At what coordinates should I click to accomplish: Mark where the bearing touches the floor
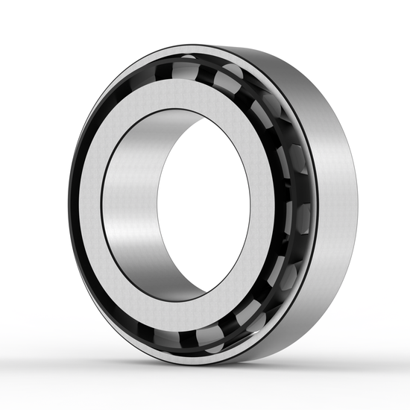click(x=239, y=360)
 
